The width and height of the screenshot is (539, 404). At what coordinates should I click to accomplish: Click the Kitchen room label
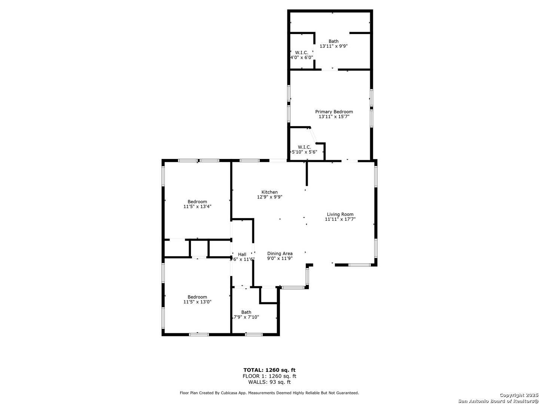[x=269, y=192]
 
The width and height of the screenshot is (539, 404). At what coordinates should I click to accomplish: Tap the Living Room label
[x=340, y=214]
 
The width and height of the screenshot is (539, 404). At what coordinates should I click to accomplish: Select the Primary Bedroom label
[x=334, y=112]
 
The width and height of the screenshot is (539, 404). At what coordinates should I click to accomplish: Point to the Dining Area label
[x=280, y=253]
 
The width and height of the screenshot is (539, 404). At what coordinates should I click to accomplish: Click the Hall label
[x=242, y=254]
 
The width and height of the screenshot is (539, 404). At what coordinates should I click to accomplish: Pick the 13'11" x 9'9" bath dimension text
[x=334, y=46]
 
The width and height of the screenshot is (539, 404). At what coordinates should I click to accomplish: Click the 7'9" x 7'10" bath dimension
[x=246, y=317]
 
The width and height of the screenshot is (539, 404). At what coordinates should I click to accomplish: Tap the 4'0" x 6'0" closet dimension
[x=302, y=58]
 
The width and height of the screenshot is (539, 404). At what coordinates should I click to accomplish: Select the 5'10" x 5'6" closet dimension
[x=304, y=152]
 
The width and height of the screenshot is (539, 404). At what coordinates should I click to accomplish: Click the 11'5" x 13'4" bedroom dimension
[x=197, y=206]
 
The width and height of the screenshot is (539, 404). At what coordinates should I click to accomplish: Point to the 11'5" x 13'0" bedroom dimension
[x=197, y=302]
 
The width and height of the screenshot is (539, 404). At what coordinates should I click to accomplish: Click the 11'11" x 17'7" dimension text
[x=340, y=219]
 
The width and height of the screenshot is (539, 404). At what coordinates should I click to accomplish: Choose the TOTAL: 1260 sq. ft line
[x=269, y=370]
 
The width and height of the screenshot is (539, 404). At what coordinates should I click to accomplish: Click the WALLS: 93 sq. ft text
[x=269, y=382]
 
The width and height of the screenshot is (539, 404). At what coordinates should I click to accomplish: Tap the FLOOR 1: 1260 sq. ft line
[x=269, y=376]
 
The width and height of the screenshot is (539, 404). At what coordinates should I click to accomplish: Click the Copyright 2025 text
[x=518, y=395]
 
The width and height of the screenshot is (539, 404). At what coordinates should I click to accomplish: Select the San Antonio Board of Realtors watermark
[x=498, y=401]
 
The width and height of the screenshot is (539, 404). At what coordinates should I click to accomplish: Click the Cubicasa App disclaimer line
[x=269, y=393]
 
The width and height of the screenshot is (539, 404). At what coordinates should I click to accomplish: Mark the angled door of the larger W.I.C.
[x=313, y=135]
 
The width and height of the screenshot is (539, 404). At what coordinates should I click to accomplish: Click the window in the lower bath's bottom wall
[x=254, y=334]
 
